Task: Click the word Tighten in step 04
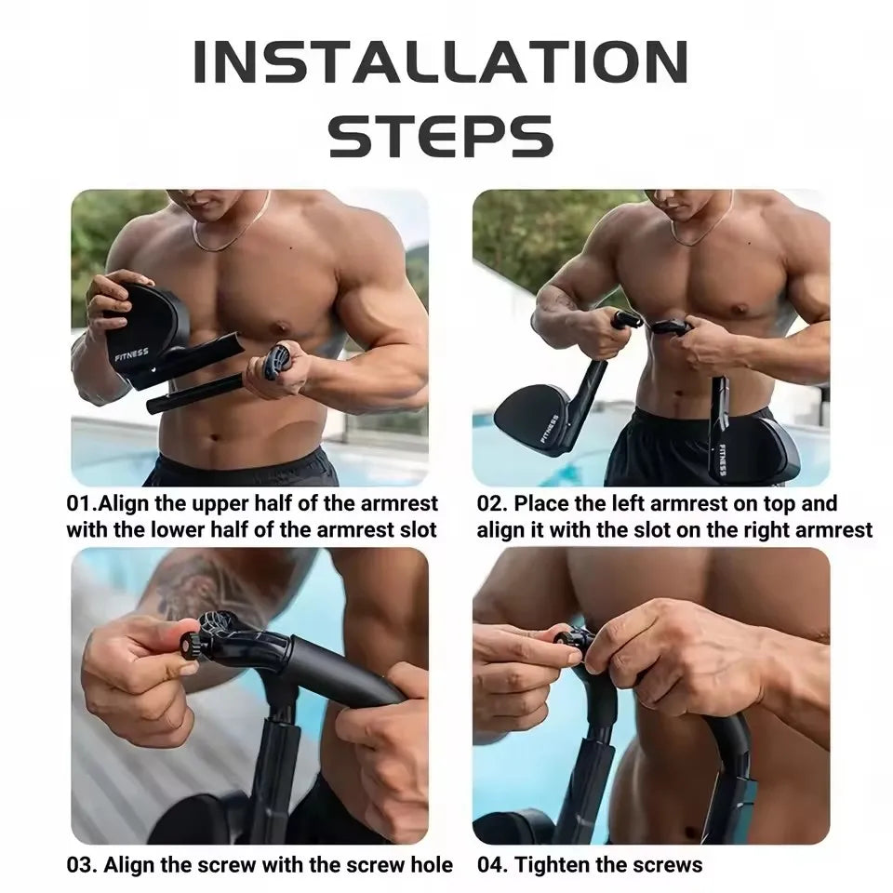tap(554, 865)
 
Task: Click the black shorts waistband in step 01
tap(242, 462)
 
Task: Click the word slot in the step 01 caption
tap(414, 530)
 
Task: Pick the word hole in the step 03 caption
tap(431, 865)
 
